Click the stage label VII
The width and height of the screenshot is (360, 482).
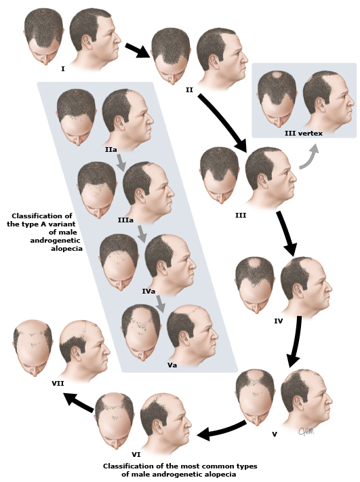(x=58, y=383)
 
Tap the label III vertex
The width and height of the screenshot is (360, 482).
(x=304, y=134)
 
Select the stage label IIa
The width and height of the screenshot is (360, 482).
(x=111, y=150)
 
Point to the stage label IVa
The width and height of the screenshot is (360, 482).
(x=148, y=291)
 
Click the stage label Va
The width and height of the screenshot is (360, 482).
(x=172, y=365)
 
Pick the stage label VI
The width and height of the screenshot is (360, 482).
(x=136, y=454)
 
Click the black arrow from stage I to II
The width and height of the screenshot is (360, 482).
(x=138, y=50)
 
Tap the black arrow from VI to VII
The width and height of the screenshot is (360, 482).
(x=79, y=402)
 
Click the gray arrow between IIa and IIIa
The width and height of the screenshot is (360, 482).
(x=121, y=162)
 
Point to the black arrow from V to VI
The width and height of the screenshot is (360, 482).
(x=221, y=429)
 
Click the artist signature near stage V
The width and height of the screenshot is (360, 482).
(x=306, y=431)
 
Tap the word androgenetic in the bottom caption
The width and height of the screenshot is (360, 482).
(x=178, y=475)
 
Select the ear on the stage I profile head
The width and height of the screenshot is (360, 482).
(x=87, y=41)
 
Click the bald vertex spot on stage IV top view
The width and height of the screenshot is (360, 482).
(x=254, y=264)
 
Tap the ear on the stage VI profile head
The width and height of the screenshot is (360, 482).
(x=158, y=427)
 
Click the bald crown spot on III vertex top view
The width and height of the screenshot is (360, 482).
(x=277, y=75)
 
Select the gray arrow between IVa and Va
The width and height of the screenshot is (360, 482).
(x=160, y=304)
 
